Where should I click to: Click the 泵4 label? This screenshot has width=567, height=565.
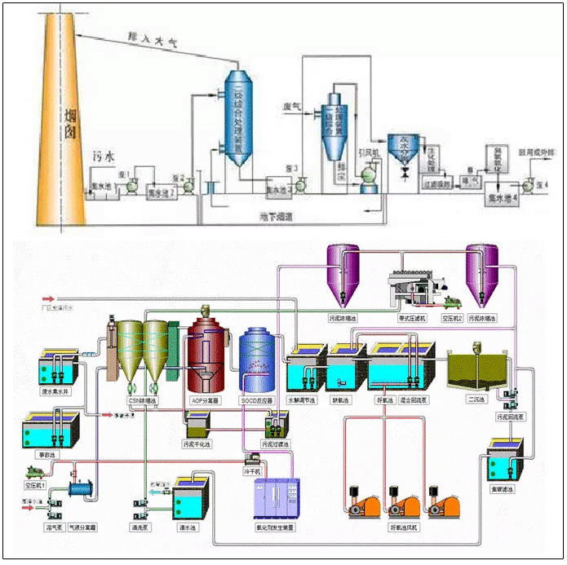[x=542, y=184]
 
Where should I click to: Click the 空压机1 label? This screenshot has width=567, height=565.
[x=37, y=484]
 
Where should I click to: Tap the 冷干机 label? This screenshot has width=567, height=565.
[x=252, y=470]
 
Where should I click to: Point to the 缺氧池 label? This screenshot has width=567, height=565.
[x=340, y=400]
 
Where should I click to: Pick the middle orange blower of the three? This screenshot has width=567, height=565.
[x=401, y=501]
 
